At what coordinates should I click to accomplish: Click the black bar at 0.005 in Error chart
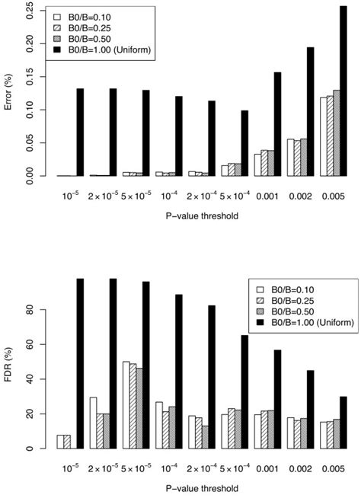343,91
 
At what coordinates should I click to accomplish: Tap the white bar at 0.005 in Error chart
324,137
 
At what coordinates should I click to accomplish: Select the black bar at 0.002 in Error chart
310,111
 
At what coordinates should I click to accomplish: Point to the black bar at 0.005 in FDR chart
343,422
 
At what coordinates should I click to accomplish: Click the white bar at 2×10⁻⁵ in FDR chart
92,423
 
